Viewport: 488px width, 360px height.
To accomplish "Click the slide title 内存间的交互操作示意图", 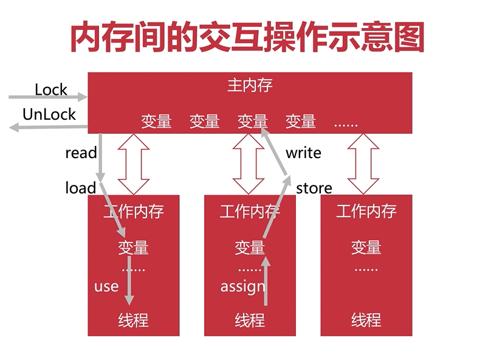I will (x=247, y=38).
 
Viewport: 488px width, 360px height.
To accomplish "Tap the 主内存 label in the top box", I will (x=250, y=85).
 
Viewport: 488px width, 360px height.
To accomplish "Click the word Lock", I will (x=51, y=89).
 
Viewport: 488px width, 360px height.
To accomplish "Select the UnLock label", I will (x=49, y=114).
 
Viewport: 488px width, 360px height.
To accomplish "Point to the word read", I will (x=81, y=153).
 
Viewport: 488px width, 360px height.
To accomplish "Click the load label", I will (x=81, y=188).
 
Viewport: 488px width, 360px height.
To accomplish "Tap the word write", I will (x=303, y=153).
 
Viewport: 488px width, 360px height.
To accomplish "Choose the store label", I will (x=314, y=188).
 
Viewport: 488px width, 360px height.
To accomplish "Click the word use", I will (x=106, y=286).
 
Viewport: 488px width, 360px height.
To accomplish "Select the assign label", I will (x=242, y=286).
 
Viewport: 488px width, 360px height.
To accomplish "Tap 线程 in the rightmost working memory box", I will (x=366, y=319).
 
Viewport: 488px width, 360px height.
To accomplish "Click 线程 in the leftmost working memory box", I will (x=133, y=319).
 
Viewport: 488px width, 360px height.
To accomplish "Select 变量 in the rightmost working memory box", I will (x=366, y=247).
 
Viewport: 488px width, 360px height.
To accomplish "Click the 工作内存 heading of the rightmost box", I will (x=366, y=212).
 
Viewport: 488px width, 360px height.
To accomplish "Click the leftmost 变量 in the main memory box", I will (x=156, y=121).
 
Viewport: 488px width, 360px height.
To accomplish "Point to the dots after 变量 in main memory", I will (x=346, y=124).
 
